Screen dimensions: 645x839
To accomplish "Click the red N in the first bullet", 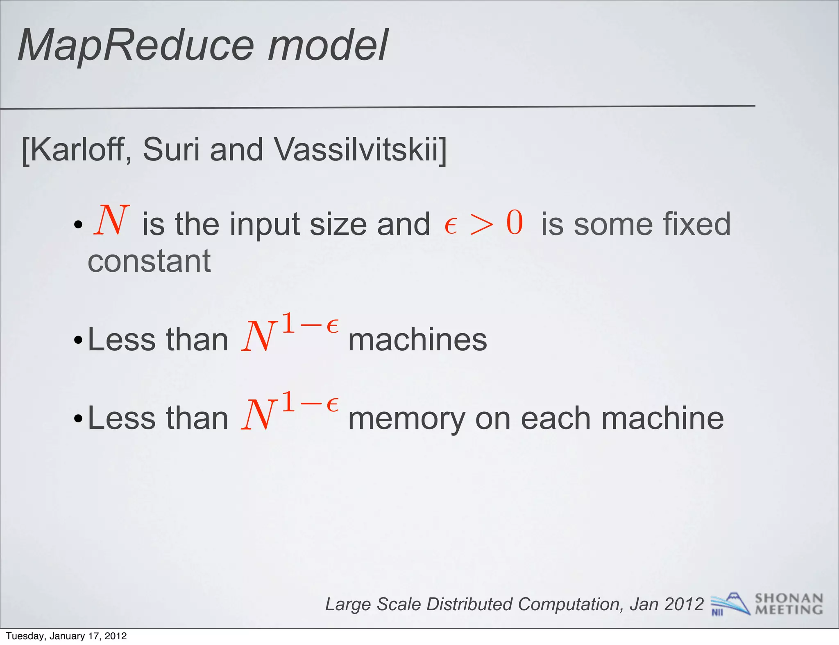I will [x=111, y=221].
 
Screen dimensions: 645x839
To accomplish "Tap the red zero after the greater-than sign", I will [x=515, y=223].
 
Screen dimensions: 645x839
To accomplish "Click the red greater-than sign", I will [x=482, y=224].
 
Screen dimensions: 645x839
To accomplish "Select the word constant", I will [x=149, y=261].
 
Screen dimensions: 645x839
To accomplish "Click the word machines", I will [x=417, y=340].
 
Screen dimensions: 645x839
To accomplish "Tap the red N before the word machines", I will [x=258, y=336].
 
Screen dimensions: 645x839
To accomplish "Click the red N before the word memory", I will [x=258, y=415].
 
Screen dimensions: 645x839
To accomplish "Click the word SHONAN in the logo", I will [x=789, y=598].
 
